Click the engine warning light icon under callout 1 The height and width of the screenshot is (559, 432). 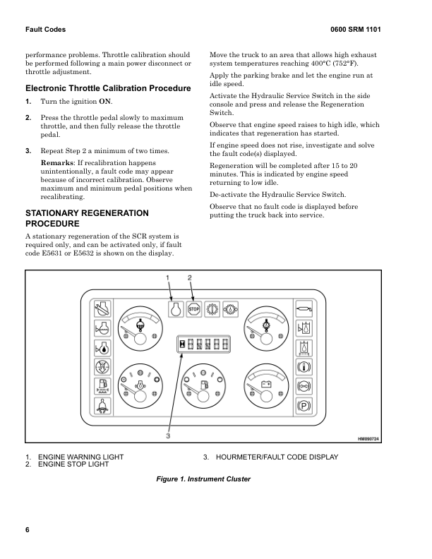pos(176,308)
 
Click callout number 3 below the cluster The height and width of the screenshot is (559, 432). pos(169,435)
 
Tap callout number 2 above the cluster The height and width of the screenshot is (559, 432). pos(189,277)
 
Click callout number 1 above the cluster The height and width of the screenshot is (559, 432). pos(168,277)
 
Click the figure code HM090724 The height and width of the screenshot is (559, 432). pos(368,439)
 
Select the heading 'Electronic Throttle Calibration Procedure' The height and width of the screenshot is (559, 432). pos(108,88)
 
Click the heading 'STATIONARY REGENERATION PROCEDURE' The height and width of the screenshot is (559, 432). pos(88,217)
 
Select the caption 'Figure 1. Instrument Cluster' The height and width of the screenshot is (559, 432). pos(203,479)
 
